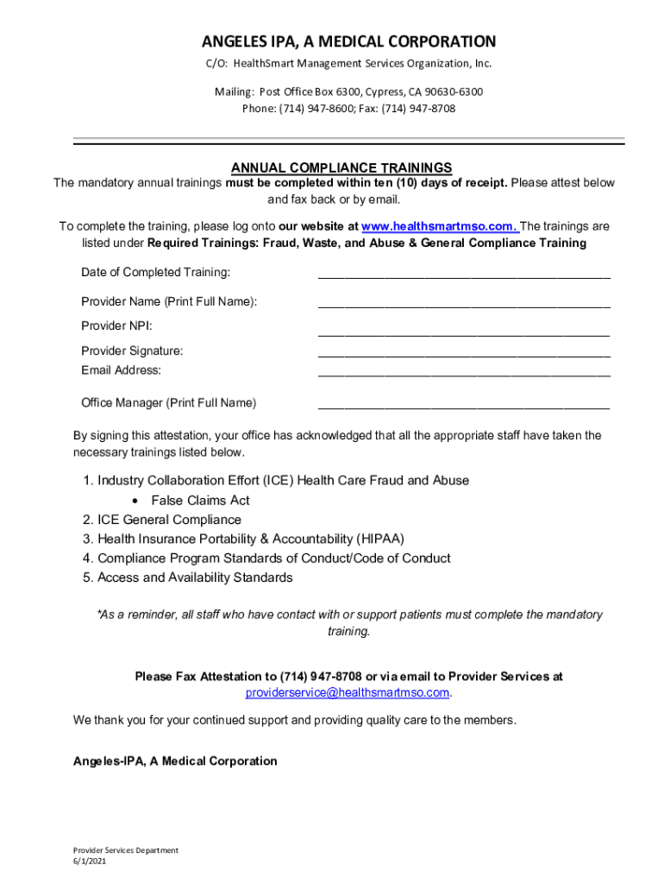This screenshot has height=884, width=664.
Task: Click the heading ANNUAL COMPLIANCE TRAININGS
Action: click(x=341, y=167)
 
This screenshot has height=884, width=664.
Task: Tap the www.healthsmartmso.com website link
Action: click(x=439, y=226)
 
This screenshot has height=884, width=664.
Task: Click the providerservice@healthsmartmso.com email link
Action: click(x=348, y=693)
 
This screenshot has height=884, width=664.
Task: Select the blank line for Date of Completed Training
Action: click(x=464, y=276)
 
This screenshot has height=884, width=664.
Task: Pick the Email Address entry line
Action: click(x=464, y=374)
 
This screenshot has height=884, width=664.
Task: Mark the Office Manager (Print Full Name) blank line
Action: click(x=464, y=406)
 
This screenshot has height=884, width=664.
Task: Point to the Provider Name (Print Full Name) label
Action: click(x=169, y=301)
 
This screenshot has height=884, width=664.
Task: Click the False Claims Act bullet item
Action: click(x=200, y=501)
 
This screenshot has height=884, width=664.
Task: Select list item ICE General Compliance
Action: click(x=169, y=520)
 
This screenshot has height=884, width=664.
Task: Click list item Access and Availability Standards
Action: click(x=195, y=578)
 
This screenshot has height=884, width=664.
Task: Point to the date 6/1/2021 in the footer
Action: click(x=90, y=862)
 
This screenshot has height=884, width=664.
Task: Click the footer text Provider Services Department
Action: click(x=125, y=850)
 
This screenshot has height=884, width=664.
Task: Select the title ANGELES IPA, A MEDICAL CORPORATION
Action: click(x=348, y=41)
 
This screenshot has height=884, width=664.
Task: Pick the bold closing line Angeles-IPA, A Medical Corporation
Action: click(x=175, y=761)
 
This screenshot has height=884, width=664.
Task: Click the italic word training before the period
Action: click(x=347, y=631)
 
